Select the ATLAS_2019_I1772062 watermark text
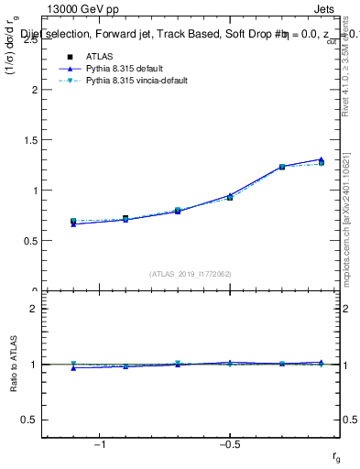pyautogui.click(x=191, y=273)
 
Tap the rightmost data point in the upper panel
pyautogui.click(x=321, y=162)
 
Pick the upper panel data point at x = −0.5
pyautogui.click(x=230, y=197)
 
